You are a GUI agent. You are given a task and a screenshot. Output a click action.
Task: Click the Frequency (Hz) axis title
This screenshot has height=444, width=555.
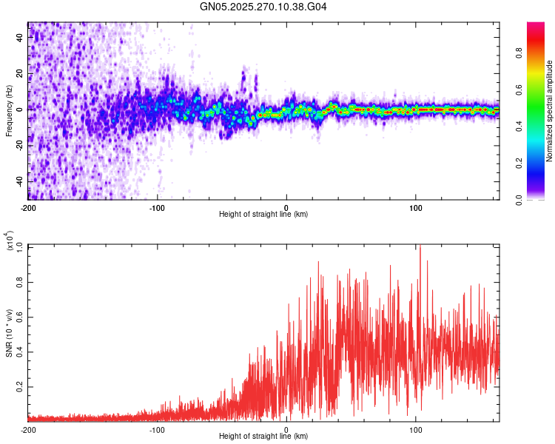tap(9, 111)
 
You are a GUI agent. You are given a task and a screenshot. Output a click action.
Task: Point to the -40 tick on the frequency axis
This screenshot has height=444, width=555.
tap(21, 181)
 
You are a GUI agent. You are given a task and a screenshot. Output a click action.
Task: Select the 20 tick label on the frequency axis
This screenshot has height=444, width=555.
tap(21, 73)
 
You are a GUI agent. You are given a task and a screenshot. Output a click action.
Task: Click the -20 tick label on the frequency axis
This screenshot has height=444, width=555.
tap(21, 145)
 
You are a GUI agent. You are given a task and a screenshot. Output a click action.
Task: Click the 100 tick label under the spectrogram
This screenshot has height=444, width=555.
tap(415, 207)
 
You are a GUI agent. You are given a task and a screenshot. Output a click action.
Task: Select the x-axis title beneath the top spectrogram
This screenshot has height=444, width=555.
tap(263, 215)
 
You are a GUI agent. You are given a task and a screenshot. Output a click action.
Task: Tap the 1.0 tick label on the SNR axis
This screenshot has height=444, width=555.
tap(20, 245)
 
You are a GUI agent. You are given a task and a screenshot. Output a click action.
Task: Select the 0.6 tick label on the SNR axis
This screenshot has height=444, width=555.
tap(20, 316)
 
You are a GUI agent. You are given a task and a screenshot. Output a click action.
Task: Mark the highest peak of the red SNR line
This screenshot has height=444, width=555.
tap(420, 246)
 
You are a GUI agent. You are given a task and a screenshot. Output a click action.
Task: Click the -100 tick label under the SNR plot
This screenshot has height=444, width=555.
tap(157, 429)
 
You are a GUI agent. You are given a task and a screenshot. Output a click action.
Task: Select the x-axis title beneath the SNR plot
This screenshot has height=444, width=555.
tap(263, 437)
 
